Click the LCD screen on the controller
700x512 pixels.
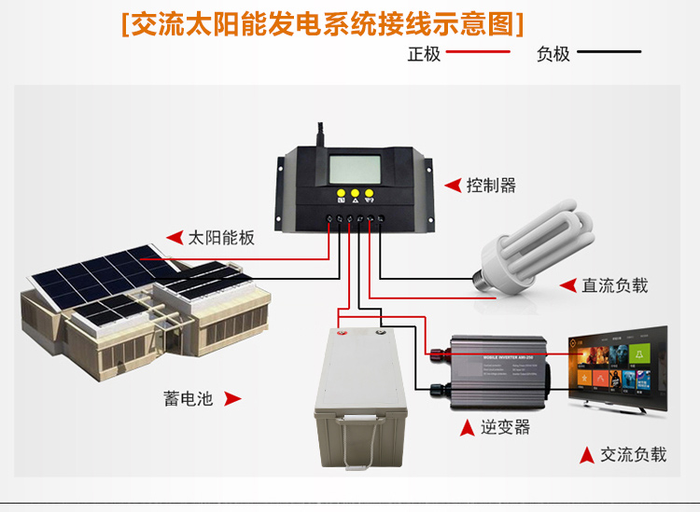[356, 169]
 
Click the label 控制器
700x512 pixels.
[491, 185]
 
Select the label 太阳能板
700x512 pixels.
[221, 237]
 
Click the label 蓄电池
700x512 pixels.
[189, 399]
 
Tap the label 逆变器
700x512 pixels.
[505, 427]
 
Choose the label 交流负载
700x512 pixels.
[633, 455]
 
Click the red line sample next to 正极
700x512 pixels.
[479, 53]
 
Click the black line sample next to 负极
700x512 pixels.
[608, 53]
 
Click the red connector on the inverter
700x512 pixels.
[435, 353]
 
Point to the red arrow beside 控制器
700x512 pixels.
[452, 185]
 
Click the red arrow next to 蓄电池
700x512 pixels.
[232, 399]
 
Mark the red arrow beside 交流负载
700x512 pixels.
[586, 455]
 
